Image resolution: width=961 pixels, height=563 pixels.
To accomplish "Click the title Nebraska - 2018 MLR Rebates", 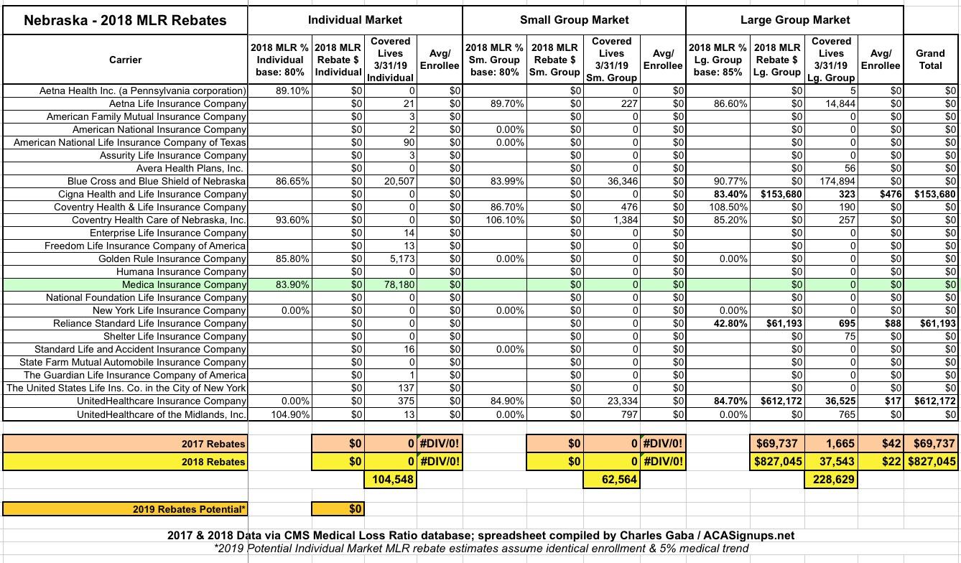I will point(125,20).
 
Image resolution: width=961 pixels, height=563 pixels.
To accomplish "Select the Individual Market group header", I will point(355,20).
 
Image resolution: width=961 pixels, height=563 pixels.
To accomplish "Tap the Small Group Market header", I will point(574,20).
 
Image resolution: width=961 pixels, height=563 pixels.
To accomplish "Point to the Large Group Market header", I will point(795,20).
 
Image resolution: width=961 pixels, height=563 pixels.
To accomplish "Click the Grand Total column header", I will point(930,59).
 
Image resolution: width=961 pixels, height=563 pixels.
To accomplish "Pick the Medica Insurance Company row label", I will point(184,284).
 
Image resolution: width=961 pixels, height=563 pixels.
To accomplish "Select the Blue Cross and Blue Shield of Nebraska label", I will point(157,181).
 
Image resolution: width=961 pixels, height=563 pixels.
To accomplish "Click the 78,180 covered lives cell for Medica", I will point(395,284).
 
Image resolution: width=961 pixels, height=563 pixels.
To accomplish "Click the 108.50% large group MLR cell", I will point(728,207).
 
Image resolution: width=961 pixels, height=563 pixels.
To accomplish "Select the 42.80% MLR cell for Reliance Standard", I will point(728,323).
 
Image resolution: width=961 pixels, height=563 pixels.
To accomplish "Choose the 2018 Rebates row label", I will point(214,462).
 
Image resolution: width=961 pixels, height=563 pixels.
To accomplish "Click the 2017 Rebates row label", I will point(214,444).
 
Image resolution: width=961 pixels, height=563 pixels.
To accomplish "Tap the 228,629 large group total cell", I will point(831,479).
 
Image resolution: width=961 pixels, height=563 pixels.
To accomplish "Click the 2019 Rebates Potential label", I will point(190,509).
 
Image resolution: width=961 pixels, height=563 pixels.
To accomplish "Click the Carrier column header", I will point(125,60).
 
